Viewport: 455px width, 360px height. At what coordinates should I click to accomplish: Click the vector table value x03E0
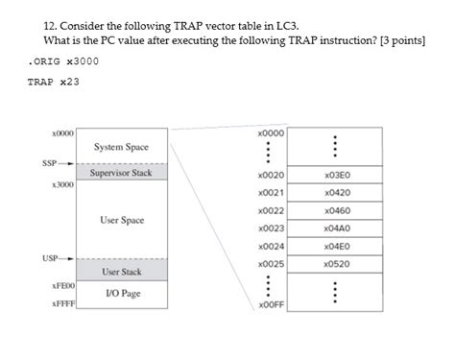337,176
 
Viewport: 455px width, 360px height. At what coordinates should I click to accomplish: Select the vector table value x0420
337,193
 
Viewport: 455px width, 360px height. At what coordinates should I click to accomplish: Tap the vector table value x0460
337,210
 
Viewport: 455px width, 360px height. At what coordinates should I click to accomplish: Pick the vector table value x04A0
337,228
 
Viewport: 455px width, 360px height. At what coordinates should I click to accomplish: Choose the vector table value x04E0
337,245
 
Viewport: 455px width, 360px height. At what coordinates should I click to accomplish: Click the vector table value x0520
337,262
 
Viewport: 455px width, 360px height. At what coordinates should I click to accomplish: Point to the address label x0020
271,176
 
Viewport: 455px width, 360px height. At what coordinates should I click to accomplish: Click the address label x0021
271,193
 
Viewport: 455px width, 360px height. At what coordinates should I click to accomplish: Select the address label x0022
271,210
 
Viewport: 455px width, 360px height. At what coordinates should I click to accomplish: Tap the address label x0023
271,228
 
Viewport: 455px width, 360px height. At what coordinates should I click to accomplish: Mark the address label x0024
271,245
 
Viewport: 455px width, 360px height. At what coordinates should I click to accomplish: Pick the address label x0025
271,262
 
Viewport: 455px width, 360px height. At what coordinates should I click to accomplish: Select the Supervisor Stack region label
121,174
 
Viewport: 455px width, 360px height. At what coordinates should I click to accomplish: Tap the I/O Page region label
122,293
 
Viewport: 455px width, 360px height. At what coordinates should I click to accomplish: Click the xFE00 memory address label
63,286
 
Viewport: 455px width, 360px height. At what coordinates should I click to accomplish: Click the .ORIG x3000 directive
63,60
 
